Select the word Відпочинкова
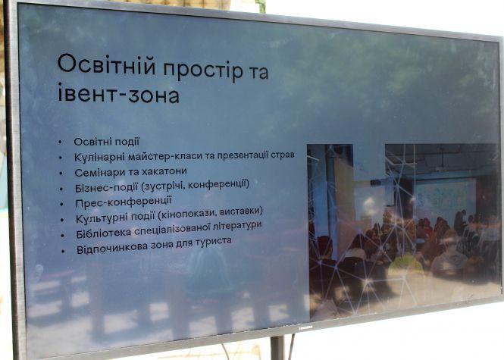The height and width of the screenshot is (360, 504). (x=114, y=251)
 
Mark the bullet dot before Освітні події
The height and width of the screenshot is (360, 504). (x=61, y=142)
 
